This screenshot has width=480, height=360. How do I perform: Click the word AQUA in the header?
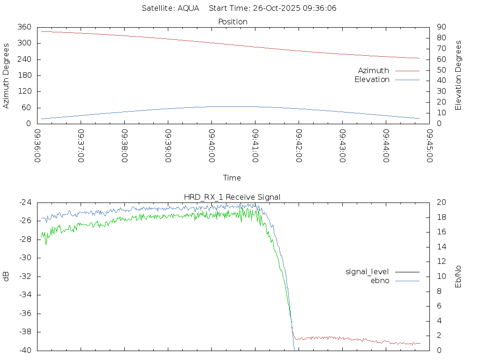click(188, 8)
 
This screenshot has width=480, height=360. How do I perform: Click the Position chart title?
click(232, 22)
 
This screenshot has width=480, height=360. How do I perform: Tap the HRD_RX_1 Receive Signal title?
click(232, 197)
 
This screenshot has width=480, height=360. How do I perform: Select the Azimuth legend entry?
click(374, 71)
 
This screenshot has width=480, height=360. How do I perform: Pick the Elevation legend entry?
click(372, 80)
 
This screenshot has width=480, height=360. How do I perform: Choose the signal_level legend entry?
click(367, 271)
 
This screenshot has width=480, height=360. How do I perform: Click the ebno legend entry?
click(380, 280)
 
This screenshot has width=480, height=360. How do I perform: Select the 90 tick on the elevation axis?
click(440, 27)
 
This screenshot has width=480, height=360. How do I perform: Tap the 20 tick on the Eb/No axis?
click(441, 202)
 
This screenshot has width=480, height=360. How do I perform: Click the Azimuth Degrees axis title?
click(7, 75)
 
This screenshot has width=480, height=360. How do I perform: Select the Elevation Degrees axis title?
click(458, 75)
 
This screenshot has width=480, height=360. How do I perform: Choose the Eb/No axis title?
click(458, 276)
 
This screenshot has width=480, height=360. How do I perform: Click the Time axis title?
click(232, 178)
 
